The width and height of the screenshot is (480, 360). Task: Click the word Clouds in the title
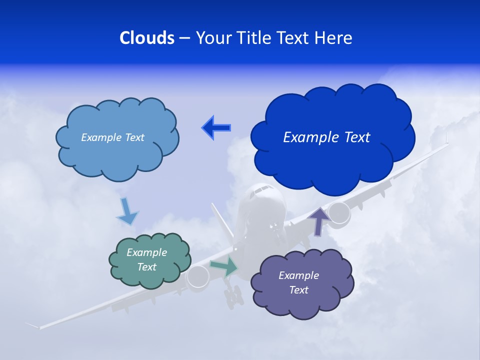pos(147,38)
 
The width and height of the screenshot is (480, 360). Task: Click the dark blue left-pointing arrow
pos(216,128)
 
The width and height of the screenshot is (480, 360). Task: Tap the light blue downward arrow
pos(127,211)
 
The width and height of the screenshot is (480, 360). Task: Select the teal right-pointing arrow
pos(224,266)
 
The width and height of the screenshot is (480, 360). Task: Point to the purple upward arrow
pos(318,220)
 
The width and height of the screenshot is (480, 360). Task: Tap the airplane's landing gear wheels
pos(233,298)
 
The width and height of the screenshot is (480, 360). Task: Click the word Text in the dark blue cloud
pos(354,137)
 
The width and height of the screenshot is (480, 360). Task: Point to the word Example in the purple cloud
pos(298,275)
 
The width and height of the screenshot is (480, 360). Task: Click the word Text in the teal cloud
pos(146,267)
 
